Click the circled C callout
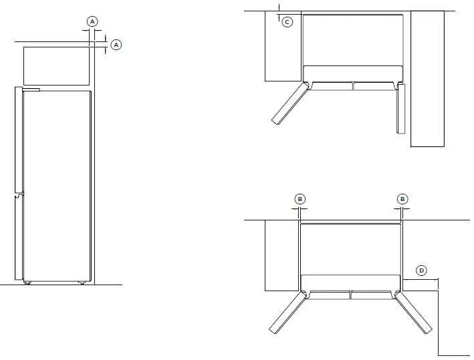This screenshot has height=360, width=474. (x=287, y=22)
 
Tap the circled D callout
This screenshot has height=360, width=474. (x=421, y=271)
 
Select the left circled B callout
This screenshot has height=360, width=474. (x=300, y=198)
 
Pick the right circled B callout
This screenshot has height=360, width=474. (x=402, y=198)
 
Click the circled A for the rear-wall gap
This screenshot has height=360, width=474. (x=92, y=21)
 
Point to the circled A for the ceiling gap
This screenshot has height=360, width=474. (x=116, y=44)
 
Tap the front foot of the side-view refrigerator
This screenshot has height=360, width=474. (x=27, y=283)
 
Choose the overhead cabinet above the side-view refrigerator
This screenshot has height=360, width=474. (x=57, y=64)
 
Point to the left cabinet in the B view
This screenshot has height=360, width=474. (x=281, y=256)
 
